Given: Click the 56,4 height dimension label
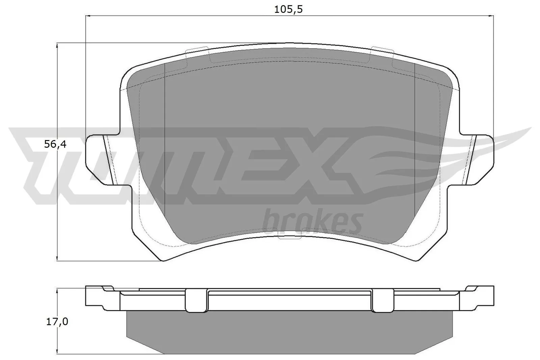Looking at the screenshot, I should tap(55, 144).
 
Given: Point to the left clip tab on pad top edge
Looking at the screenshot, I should tap(197, 51).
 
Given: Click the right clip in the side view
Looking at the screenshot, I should tap(382, 300).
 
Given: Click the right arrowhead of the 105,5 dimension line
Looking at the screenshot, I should tap(491, 16).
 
